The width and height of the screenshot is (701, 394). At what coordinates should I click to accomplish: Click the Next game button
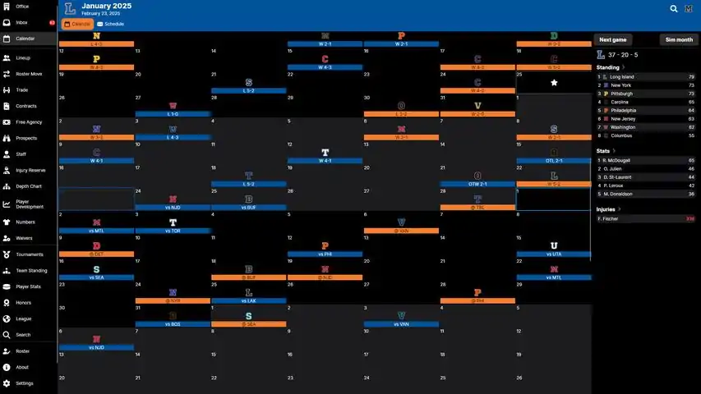pyautogui.click(x=613, y=39)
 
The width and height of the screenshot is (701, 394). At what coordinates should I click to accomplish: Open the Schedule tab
pyautogui.click(x=111, y=25)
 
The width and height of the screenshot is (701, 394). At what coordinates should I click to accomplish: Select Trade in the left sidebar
pyautogui.click(x=21, y=89)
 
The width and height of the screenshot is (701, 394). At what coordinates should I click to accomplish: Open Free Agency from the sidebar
pyautogui.click(x=28, y=121)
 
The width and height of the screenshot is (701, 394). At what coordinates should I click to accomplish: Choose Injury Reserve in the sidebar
pyautogui.click(x=30, y=170)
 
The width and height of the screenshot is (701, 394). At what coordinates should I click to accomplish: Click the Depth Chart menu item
pyautogui.click(x=29, y=186)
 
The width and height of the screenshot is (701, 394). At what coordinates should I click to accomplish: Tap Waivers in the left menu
pyautogui.click(x=25, y=238)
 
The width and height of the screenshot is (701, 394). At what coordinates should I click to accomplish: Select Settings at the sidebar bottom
pyautogui.click(x=25, y=383)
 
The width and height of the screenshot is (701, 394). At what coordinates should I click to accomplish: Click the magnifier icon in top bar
pyautogui.click(x=674, y=9)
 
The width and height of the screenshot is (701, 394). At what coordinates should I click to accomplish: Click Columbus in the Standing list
pyautogui.click(x=621, y=135)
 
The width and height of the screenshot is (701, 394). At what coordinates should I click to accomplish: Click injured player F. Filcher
pyautogui.click(x=609, y=218)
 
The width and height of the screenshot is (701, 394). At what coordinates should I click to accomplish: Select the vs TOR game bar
pyautogui.click(x=173, y=231)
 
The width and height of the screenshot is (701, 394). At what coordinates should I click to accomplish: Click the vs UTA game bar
pyautogui.click(x=553, y=254)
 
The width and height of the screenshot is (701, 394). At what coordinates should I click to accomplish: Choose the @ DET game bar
pyautogui.click(x=96, y=254)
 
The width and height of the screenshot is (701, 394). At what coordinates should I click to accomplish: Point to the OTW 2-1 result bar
pyautogui.click(x=477, y=184)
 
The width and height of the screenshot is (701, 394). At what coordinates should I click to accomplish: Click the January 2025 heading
pyautogui.click(x=108, y=7)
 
